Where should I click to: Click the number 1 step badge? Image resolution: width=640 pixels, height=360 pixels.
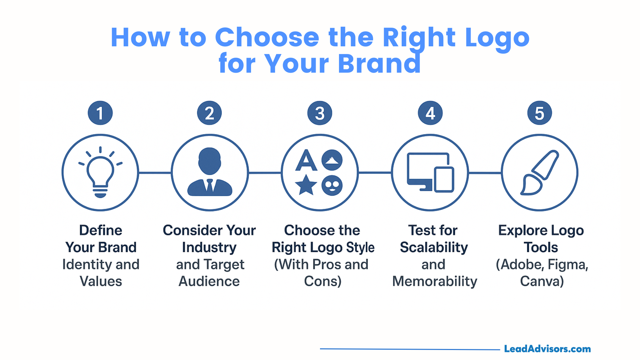(100, 113)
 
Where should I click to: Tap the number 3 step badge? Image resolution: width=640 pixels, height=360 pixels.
(320, 113)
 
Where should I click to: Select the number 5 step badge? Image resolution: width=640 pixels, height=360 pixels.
(540, 113)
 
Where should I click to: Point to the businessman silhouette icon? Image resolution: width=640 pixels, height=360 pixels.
(210, 172)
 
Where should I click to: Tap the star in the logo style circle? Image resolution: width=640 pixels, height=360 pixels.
(306, 185)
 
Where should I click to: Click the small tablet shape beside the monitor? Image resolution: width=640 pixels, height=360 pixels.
(444, 179)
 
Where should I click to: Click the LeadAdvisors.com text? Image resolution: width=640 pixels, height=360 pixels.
(547, 349)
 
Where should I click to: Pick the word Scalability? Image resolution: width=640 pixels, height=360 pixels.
(434, 248)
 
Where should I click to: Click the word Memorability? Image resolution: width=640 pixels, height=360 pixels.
(435, 282)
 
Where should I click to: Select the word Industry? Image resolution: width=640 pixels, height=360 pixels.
(209, 248)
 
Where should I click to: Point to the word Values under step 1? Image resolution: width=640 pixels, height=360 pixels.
(101, 281)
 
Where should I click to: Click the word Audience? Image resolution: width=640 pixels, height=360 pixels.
(209, 281)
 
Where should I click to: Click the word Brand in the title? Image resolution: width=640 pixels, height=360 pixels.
(379, 63)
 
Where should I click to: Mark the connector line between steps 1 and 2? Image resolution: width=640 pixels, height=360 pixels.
(155, 173)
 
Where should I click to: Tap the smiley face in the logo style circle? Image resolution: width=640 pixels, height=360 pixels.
(332, 185)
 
